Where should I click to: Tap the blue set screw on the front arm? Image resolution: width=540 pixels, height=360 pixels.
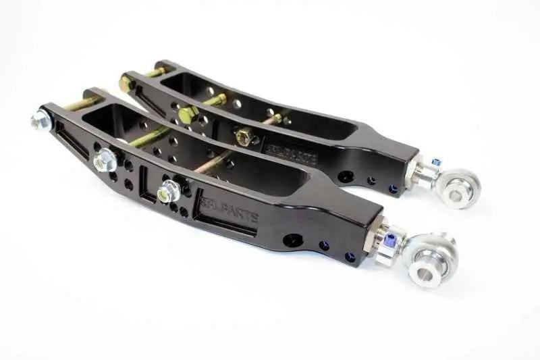coord(390,238)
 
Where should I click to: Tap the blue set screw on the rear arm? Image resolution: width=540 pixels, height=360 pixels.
coord(436,162)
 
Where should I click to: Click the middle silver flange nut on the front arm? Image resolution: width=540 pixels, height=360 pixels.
coord(105,159)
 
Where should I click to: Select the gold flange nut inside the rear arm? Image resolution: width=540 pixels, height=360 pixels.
coord(244,136)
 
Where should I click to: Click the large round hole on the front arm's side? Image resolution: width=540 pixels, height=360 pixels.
coord(294,240)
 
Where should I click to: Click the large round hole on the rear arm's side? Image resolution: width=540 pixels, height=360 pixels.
coord(346,177)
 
